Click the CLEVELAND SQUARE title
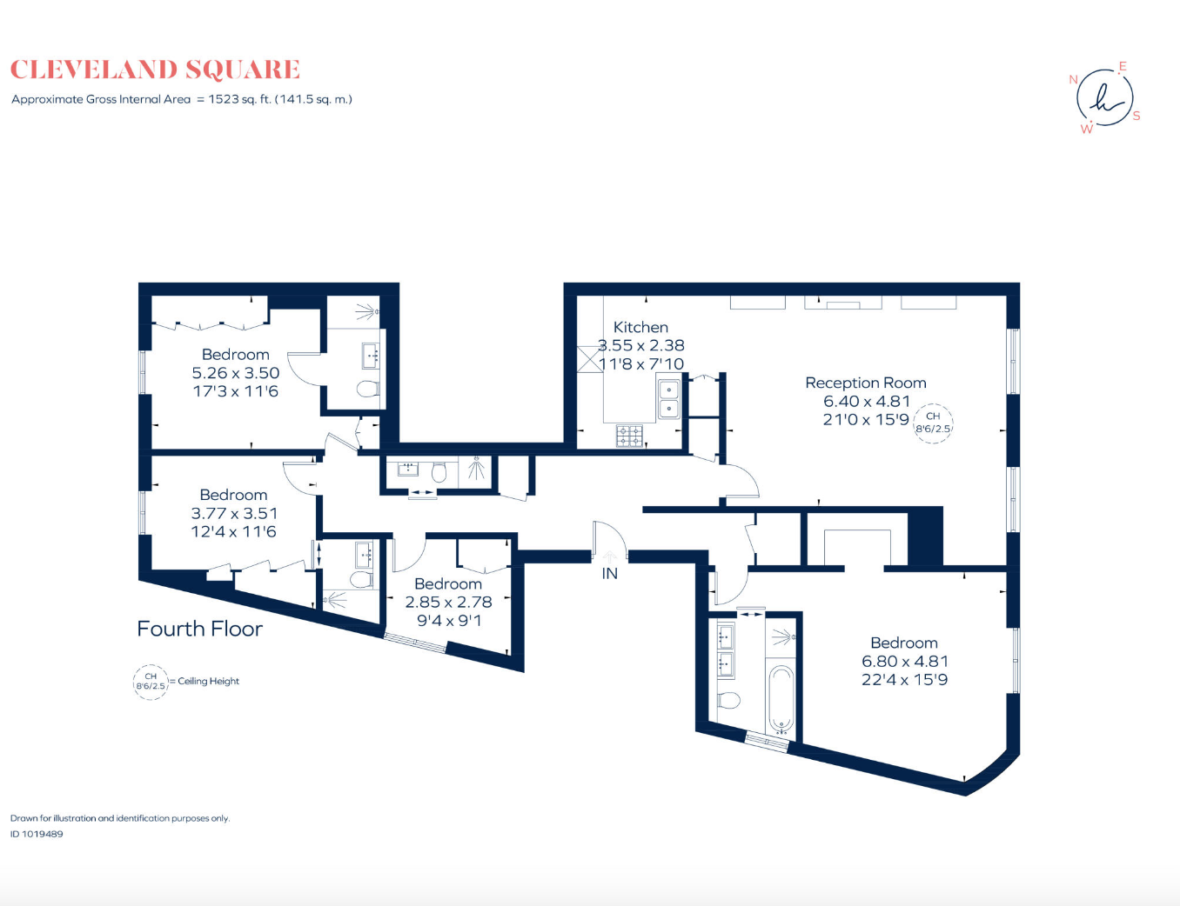(x=155, y=70)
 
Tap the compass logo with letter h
(x=1104, y=98)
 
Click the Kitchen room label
(x=640, y=327)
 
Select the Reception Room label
(x=866, y=383)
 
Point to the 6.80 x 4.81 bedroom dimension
(x=905, y=662)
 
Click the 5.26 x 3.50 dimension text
(x=236, y=373)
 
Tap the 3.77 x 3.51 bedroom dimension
(x=234, y=513)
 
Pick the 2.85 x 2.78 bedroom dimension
(x=448, y=603)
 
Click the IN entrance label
(x=610, y=574)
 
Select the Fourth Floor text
(x=200, y=629)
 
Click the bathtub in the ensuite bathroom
(x=781, y=701)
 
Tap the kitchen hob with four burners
(x=630, y=436)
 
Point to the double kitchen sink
(x=668, y=399)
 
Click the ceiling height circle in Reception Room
(x=934, y=423)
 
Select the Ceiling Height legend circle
(x=151, y=683)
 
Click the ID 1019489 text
(x=37, y=834)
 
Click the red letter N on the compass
(x=1073, y=80)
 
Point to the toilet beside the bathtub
(x=728, y=700)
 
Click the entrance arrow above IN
(x=610, y=556)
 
